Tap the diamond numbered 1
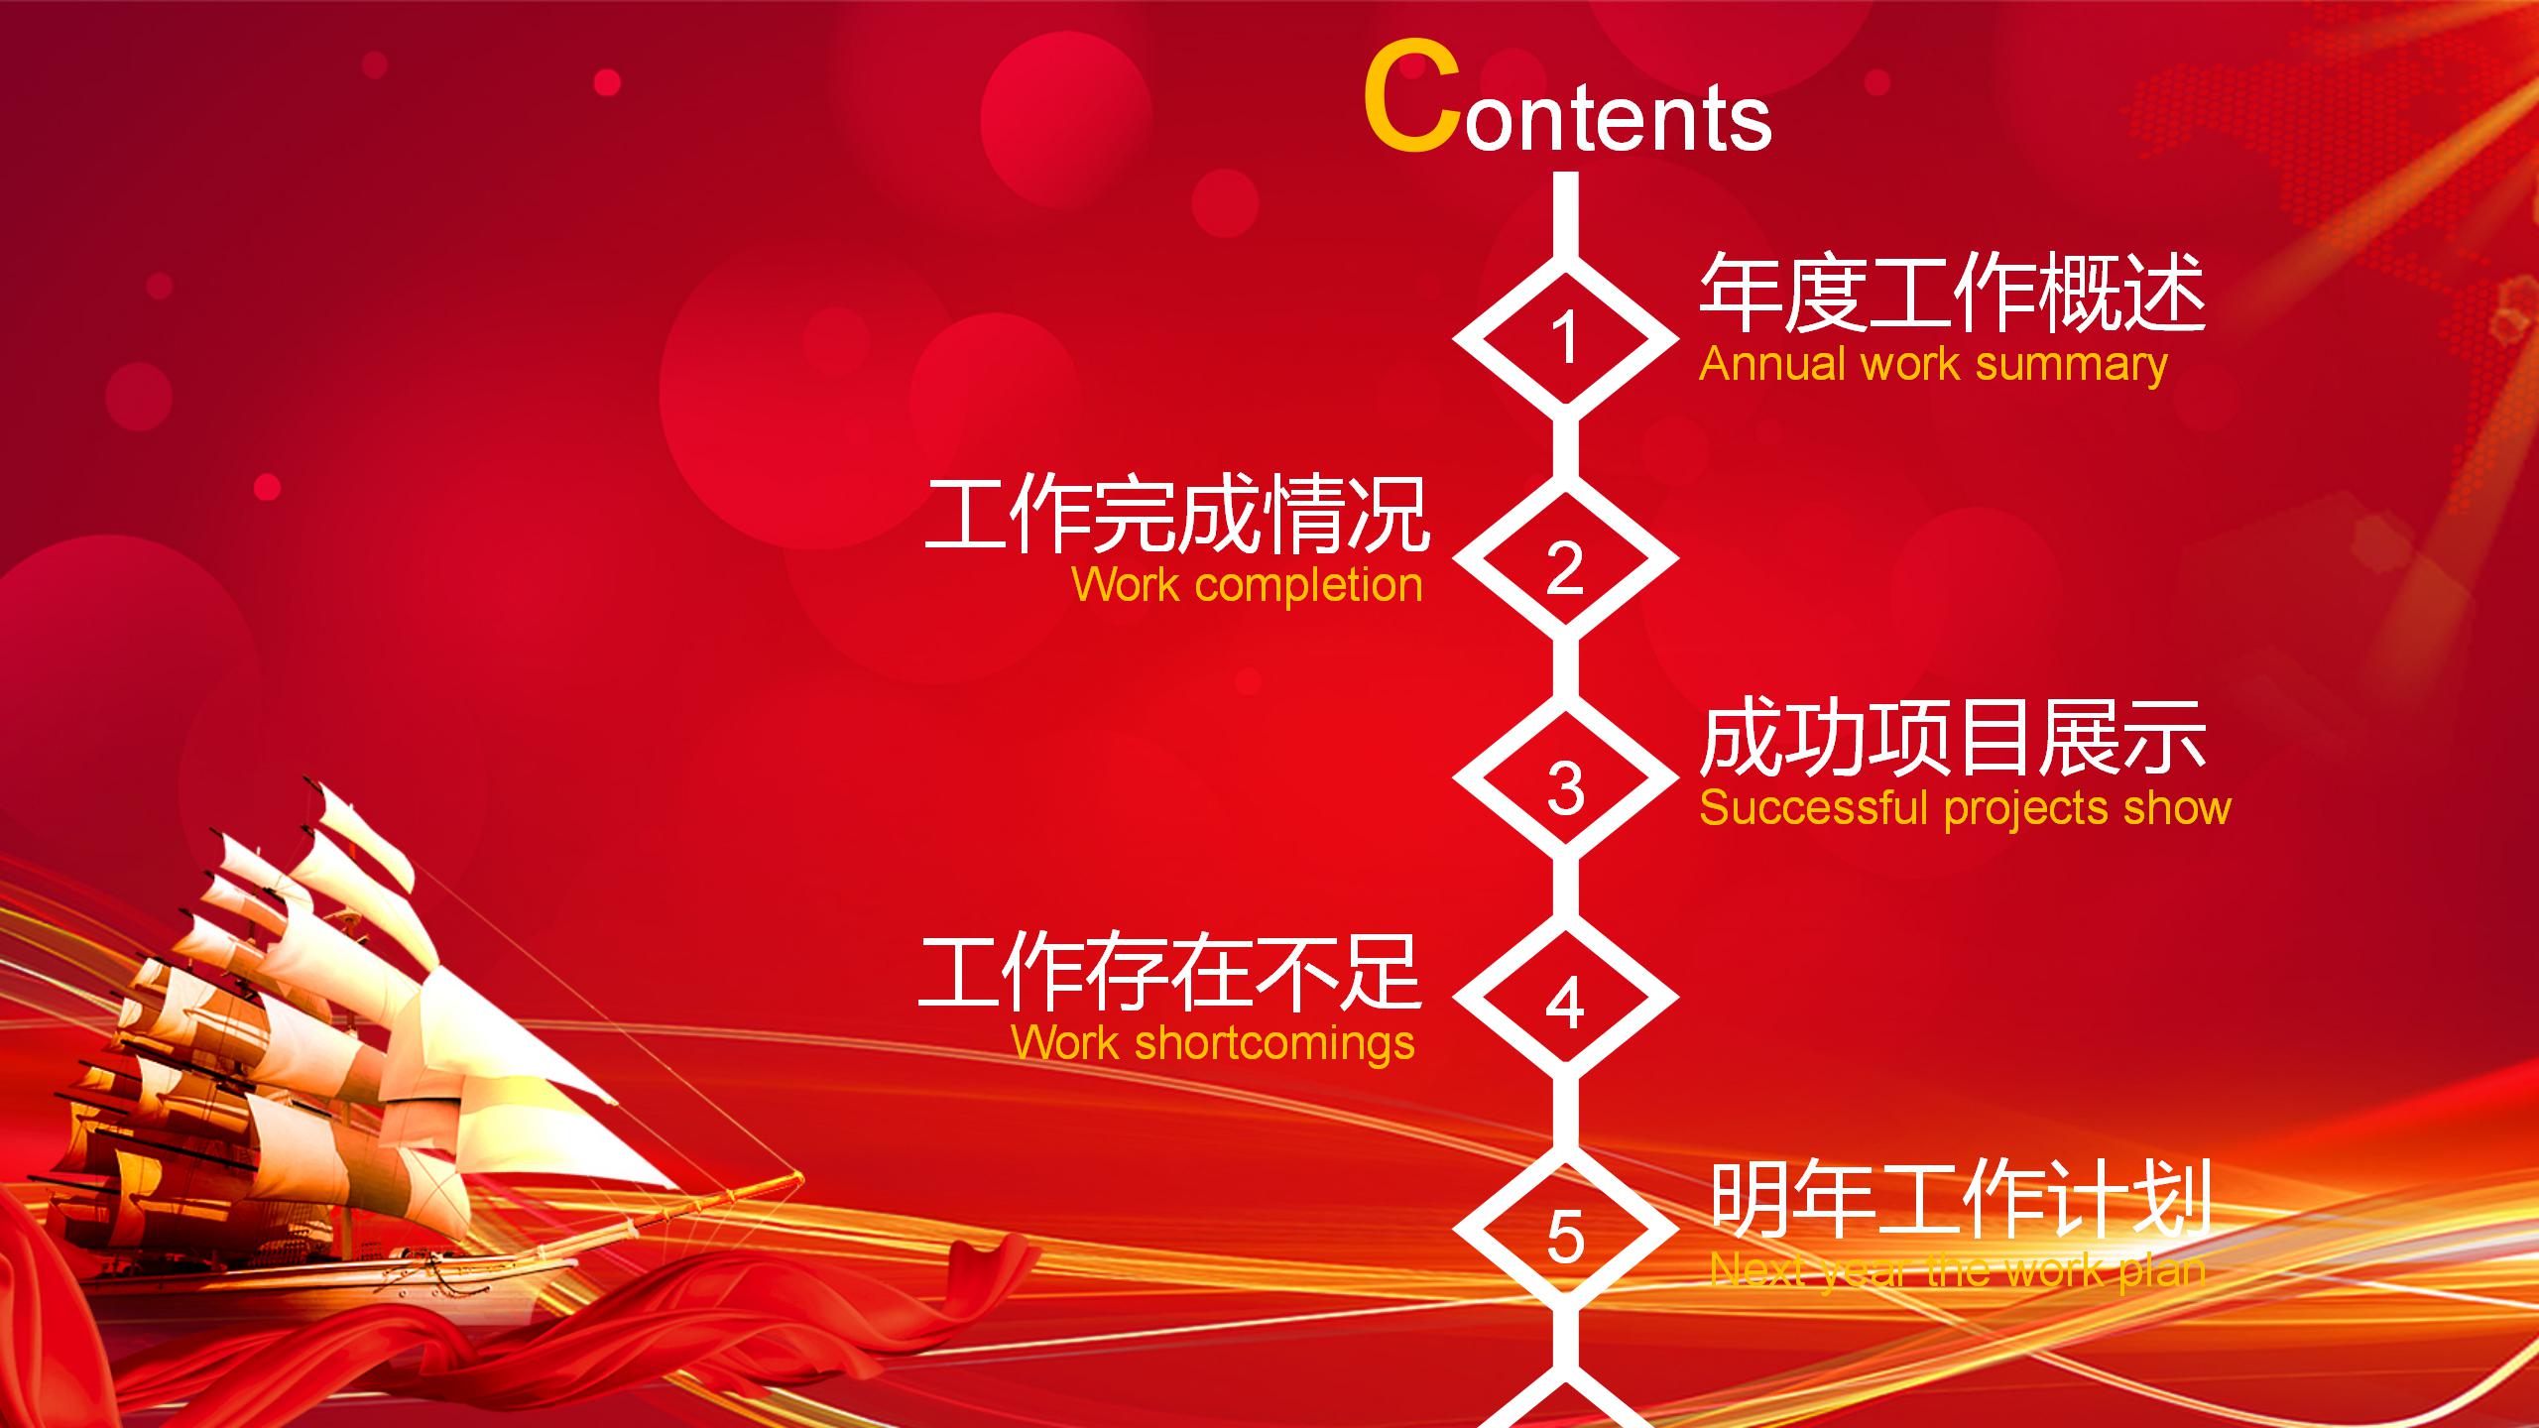point(1565,337)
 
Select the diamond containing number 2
point(1565,561)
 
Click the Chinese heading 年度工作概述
point(1952,294)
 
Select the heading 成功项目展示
point(1952,738)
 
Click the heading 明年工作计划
point(1960,1200)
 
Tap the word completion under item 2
point(1309,585)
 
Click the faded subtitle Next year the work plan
point(1958,1269)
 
